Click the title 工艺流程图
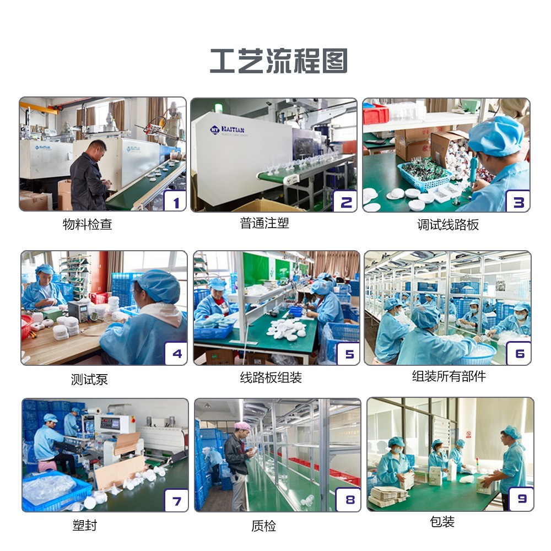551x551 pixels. point(278,61)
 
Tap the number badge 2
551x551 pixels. point(345,202)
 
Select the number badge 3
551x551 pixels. point(518,202)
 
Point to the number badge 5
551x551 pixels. point(349,354)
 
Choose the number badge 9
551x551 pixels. point(521,499)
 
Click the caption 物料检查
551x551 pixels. point(88,225)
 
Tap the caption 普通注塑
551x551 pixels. point(264,223)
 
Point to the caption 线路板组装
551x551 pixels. point(271,378)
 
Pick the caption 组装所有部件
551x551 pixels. point(449,376)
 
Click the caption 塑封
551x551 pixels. point(84,526)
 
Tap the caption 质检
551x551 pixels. point(263,526)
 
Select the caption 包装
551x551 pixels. point(442,522)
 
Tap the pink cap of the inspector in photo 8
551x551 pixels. point(242,425)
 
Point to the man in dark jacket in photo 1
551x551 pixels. point(89,176)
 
